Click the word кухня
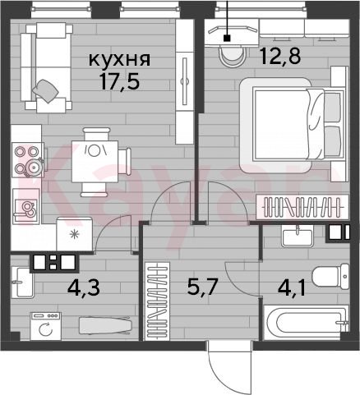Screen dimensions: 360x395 [x=120, y=60]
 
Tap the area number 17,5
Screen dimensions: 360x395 [x=120, y=81]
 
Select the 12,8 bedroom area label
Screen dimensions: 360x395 [x=281, y=56]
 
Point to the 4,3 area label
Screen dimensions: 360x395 [x=84, y=287]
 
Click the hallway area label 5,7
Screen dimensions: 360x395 [x=202, y=287]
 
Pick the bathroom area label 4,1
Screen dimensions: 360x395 [x=291, y=288]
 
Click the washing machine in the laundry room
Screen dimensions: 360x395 [x=46, y=326]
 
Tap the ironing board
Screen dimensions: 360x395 [x=104, y=325]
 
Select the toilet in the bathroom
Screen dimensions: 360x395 [x=330, y=277]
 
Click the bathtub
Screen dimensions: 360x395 [x=306, y=323]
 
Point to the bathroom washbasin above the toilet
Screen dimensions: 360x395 [x=298, y=236]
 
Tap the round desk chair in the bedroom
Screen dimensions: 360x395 [x=233, y=56]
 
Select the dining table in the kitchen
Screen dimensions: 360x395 [x=95, y=161]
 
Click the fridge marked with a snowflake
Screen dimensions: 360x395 [x=74, y=234]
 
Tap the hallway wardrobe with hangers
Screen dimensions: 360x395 [x=157, y=301]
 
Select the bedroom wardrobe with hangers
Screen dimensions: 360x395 [x=302, y=207]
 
